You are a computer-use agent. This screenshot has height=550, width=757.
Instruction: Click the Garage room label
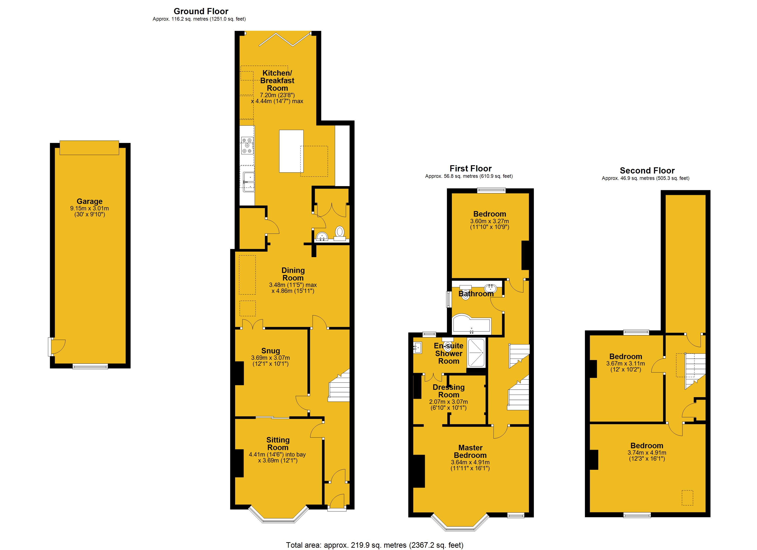click(89, 201)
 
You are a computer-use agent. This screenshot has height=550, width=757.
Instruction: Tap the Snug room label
click(270, 351)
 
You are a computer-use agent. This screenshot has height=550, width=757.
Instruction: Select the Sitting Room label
click(278, 444)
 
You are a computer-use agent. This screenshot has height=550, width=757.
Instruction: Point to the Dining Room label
click(293, 274)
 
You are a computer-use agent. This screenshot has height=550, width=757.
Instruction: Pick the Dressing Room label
click(449, 391)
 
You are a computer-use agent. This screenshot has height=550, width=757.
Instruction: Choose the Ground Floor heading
click(201, 11)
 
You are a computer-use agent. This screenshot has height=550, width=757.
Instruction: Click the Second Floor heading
click(647, 170)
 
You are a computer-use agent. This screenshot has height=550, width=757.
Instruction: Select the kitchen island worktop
click(291, 151)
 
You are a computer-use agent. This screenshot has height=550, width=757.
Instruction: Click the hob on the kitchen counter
click(247, 146)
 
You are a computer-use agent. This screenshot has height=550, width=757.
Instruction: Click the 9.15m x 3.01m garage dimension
click(89, 209)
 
